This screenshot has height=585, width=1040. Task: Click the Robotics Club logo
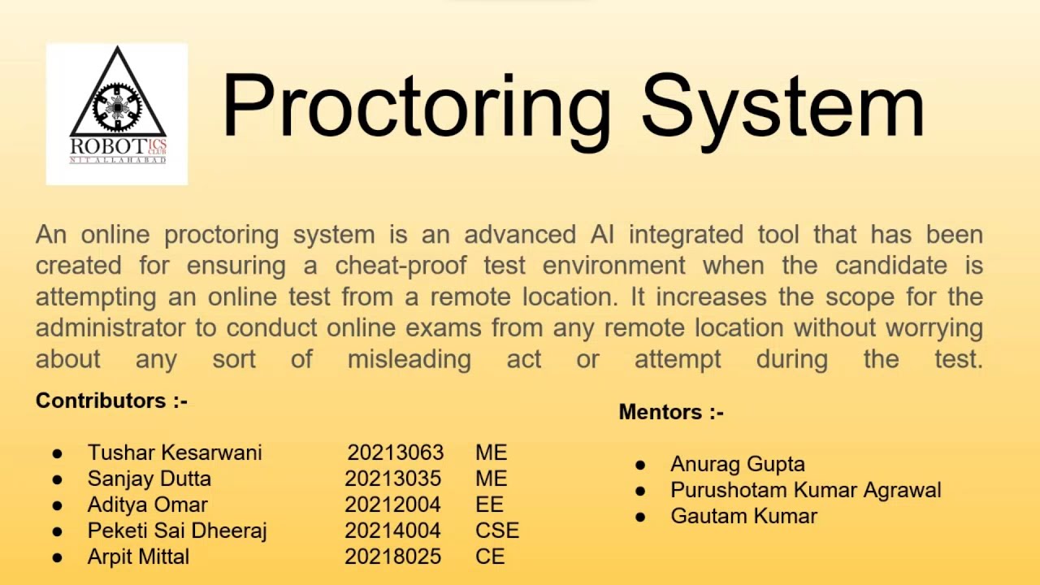[117, 115]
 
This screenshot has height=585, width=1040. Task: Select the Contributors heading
[111, 401]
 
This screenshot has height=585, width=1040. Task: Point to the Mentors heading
[671, 412]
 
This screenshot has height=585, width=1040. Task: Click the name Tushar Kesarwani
[175, 453]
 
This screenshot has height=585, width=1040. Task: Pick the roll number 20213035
[392, 479]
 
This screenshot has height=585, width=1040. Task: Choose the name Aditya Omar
[147, 505]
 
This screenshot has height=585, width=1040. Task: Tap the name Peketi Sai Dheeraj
[177, 531]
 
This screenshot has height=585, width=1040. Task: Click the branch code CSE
[497, 531]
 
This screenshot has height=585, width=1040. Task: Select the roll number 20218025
[392, 557]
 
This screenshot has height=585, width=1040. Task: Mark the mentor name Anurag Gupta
[738, 464]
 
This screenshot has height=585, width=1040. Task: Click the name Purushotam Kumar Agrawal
[805, 490]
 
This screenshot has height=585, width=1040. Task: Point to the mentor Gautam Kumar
[743, 516]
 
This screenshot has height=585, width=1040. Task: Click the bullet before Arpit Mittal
[57, 557]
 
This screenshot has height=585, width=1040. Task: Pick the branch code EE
[489, 505]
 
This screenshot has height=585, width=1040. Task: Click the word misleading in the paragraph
[409, 359]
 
